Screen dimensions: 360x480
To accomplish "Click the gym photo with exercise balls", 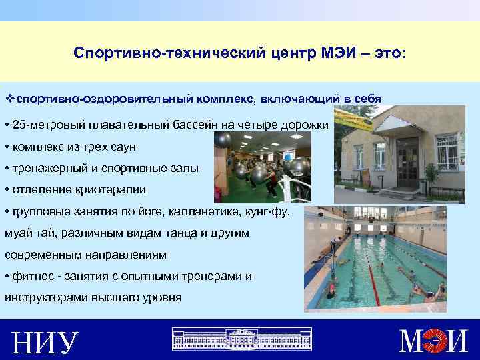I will click(x=259, y=166).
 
